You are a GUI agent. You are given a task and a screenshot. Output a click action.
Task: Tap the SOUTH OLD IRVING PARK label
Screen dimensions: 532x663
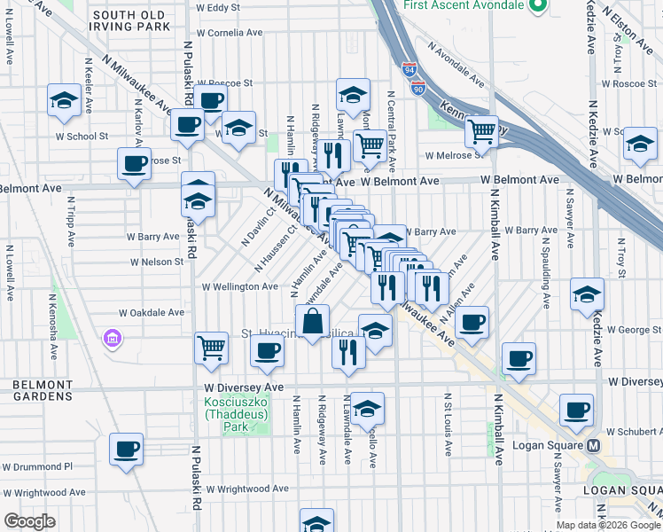point(131,20)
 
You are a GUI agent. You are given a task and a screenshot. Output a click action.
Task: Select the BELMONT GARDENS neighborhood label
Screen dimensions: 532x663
point(42,390)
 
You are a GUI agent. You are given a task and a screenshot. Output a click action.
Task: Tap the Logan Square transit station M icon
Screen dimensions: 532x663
point(594,445)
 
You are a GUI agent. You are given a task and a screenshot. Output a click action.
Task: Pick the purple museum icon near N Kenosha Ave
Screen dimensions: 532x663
point(112,338)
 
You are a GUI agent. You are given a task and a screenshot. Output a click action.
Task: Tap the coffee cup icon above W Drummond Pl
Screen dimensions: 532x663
point(127,449)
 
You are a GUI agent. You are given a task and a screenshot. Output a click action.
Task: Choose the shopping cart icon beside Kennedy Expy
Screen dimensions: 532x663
point(481,132)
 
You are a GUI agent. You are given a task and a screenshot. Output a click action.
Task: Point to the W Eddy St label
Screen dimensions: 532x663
point(218,7)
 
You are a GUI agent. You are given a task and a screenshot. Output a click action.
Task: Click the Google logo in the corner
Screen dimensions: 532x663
point(29,521)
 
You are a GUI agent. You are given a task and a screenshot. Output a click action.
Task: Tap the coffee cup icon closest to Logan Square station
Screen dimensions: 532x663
point(577,410)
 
